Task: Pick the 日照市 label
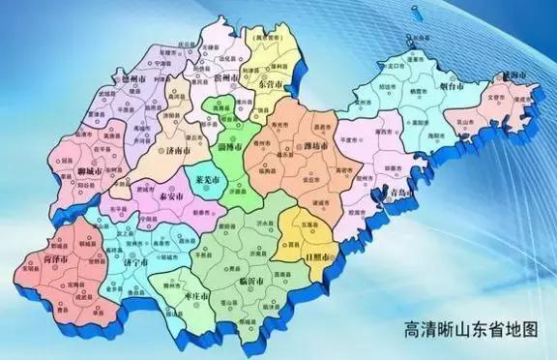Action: tap(319, 258)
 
